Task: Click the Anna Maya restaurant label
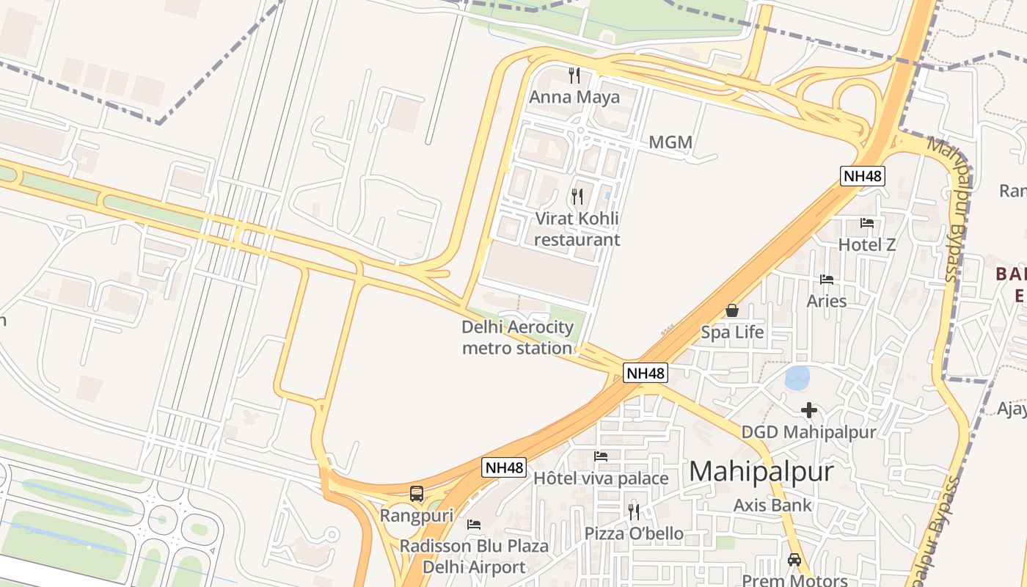pos(574,97)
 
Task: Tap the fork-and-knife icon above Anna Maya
pos(574,75)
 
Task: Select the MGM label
pos(670,142)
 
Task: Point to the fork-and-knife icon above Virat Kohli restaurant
pos(577,197)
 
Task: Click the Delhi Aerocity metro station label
pos(517,338)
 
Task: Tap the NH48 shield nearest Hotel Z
pos(862,176)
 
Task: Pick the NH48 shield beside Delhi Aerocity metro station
pos(646,373)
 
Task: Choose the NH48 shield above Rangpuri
pos(504,467)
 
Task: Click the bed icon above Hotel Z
pos(867,223)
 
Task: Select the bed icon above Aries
pos(827,280)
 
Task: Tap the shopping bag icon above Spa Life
pos(731,310)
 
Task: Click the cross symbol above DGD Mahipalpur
pos(809,410)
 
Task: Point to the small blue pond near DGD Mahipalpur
pos(797,378)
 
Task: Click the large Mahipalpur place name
pos(761,471)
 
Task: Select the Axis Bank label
pos(772,505)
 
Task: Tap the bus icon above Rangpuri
pos(417,494)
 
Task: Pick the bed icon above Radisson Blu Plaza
pos(474,525)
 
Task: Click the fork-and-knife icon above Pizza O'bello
pos(634,511)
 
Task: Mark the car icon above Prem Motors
pos(794,560)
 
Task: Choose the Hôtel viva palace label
pos(601,478)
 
